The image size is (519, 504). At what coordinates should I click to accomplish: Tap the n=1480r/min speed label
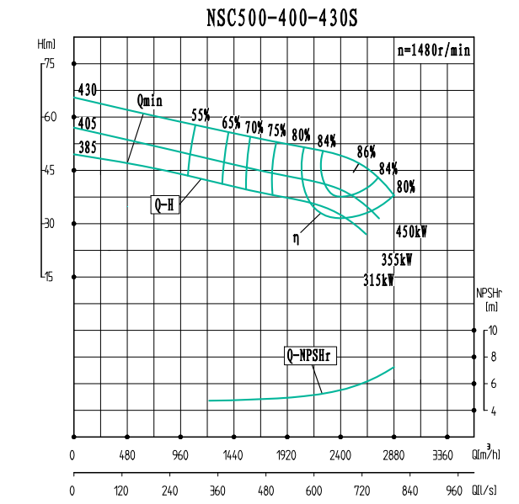click(x=433, y=50)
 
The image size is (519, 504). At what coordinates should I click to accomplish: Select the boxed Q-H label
click(x=165, y=204)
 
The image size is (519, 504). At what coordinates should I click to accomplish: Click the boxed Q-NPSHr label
click(x=310, y=356)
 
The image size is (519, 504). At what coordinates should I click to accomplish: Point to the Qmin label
click(x=149, y=102)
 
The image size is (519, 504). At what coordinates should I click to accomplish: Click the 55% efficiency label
click(x=201, y=114)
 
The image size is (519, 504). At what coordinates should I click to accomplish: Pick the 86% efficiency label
click(x=366, y=151)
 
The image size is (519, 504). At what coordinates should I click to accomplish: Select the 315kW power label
click(x=378, y=279)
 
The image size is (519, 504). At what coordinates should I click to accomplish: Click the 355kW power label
click(x=397, y=260)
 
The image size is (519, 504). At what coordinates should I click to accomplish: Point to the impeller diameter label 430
click(x=88, y=90)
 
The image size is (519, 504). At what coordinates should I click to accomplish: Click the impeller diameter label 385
click(x=87, y=146)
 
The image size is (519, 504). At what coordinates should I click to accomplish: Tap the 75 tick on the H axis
click(x=49, y=63)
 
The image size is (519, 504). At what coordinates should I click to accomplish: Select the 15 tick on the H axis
click(x=49, y=277)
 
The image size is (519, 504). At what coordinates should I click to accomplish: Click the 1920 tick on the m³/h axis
click(x=287, y=456)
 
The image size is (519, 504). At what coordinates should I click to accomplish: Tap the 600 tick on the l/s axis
click(x=313, y=491)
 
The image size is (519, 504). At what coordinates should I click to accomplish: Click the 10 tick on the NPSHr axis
click(x=494, y=330)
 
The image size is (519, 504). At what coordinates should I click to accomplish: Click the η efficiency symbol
click(x=296, y=237)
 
